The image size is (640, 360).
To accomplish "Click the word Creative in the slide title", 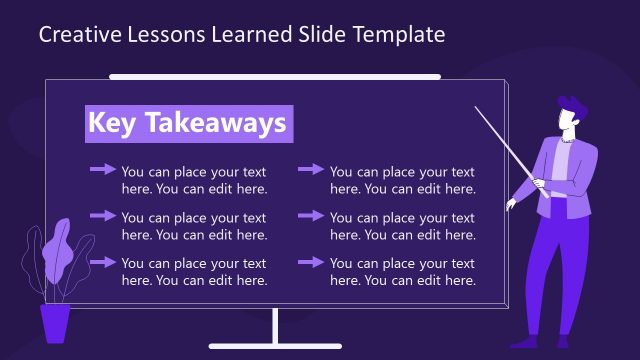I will point(74,35).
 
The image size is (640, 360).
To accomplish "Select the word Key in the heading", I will point(110,123).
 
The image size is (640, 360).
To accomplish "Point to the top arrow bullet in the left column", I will point(103,170).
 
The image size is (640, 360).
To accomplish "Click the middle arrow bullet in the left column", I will point(103,216).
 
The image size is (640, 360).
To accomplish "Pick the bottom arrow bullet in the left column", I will point(103,262).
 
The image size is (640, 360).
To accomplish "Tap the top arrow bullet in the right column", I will point(311,170).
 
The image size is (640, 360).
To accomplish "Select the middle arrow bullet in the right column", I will point(311,216).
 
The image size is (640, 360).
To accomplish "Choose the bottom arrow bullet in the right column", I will point(311,262).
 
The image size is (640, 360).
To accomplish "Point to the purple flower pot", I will point(55,322).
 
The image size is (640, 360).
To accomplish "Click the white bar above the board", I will point(275,76).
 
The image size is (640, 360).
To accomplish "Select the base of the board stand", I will point(275,346).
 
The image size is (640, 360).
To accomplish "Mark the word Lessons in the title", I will point(163,35).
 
